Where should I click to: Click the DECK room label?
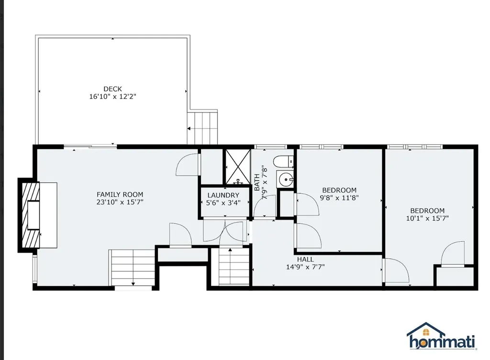coord(112,89)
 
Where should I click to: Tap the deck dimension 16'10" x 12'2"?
coord(112,97)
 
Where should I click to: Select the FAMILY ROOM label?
coord(120,194)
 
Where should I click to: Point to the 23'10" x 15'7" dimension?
coord(120,202)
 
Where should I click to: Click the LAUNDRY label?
coord(223,195)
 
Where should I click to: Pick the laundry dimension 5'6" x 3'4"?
coord(223,203)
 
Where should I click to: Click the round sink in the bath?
coord(286,180)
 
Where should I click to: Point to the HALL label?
coord(305,259)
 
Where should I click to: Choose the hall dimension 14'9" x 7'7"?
coord(305,267)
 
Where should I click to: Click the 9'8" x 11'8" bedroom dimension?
coord(339,197)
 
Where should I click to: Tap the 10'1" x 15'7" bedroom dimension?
coord(427,218)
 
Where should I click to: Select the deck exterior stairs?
coord(202,127)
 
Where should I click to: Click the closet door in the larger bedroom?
coord(452,254)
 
